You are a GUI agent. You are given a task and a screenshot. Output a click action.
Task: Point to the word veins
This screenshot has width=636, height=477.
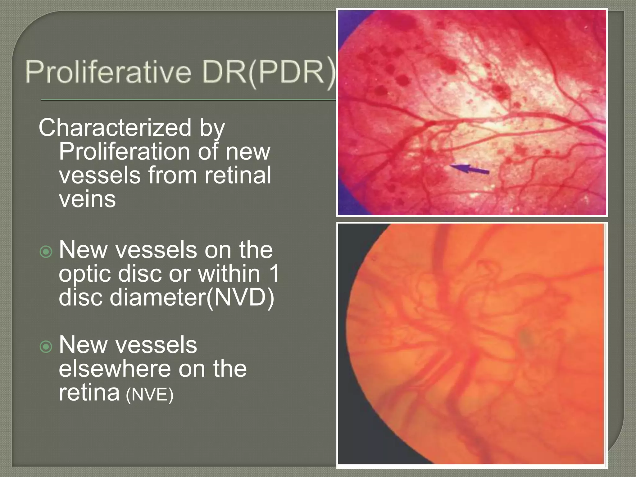(87, 199)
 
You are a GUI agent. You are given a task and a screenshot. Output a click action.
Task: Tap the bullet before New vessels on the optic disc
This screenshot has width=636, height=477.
(46, 252)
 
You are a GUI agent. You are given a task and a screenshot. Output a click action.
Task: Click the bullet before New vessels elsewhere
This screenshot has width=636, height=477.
(46, 347)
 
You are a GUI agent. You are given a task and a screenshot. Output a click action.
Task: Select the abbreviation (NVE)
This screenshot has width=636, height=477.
(149, 395)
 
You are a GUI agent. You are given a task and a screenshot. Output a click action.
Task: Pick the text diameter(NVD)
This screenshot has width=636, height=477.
(192, 297)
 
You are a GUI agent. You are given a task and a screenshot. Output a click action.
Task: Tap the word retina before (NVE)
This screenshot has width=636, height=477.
(89, 393)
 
